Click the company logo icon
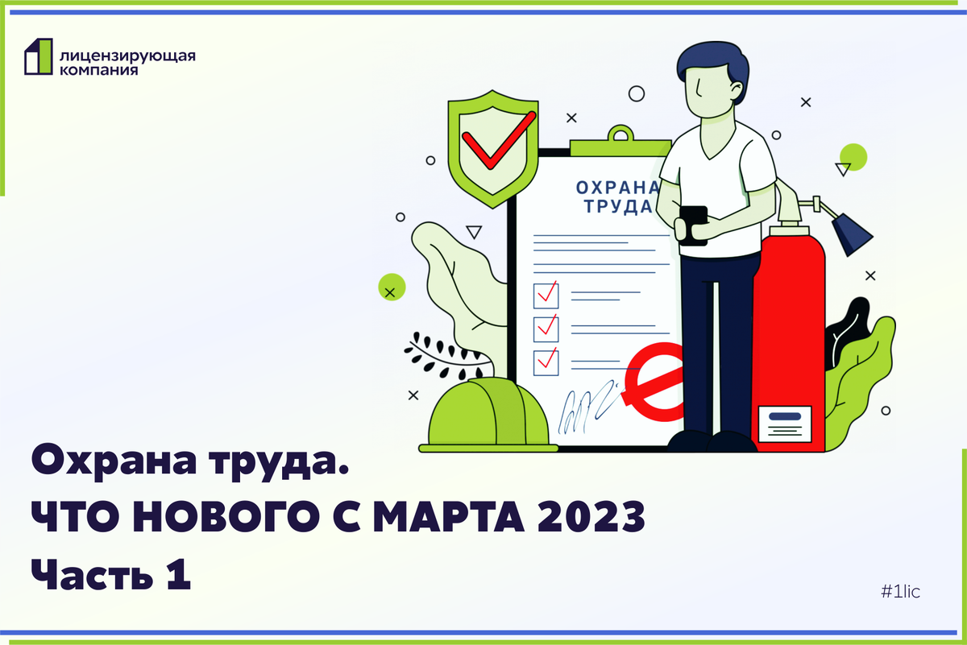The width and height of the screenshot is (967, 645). coord(38,56)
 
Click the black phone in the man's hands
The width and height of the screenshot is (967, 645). coord(693,225)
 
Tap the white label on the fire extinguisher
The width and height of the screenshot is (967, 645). coord(779,423)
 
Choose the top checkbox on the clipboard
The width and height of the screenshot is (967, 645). coord(546,295)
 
